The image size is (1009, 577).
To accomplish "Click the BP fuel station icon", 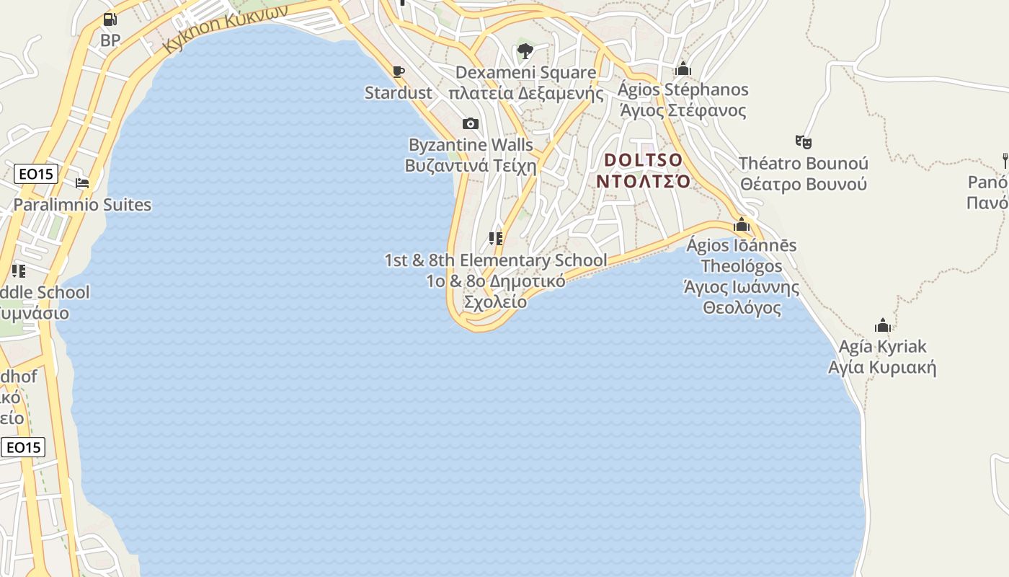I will coord(110,19).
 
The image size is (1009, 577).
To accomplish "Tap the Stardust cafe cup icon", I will coord(398,71).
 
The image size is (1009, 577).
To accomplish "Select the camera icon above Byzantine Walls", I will coord(471,123).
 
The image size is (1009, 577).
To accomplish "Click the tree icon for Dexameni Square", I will coord(525,51).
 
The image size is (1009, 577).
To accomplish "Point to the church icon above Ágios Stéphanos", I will coord(683,69).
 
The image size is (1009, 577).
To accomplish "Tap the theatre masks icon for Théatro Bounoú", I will coord(804,142).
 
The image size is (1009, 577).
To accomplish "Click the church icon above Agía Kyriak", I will coord(882,325).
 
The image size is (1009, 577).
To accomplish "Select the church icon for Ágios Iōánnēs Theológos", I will coord(742,224).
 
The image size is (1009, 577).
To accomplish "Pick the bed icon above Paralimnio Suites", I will coord(82,183).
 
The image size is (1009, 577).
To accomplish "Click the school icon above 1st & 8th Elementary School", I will coord(496,239).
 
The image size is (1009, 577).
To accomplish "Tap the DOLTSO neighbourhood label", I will coord(643,159).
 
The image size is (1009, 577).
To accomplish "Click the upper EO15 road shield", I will coord(36,174).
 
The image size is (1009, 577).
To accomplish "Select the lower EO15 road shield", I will coord(23,447).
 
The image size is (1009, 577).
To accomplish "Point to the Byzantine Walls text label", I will coord(471,145).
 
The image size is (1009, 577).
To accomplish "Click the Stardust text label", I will coord(398,93).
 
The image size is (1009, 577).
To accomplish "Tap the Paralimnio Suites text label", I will coord(82,205).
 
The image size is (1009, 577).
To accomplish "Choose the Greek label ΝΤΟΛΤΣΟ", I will coord(643,181).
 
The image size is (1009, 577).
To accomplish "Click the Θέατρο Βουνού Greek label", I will coord(804,184).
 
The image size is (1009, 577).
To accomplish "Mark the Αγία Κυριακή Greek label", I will coord(882,368).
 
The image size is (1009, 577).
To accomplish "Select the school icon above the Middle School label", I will coord(19,271).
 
